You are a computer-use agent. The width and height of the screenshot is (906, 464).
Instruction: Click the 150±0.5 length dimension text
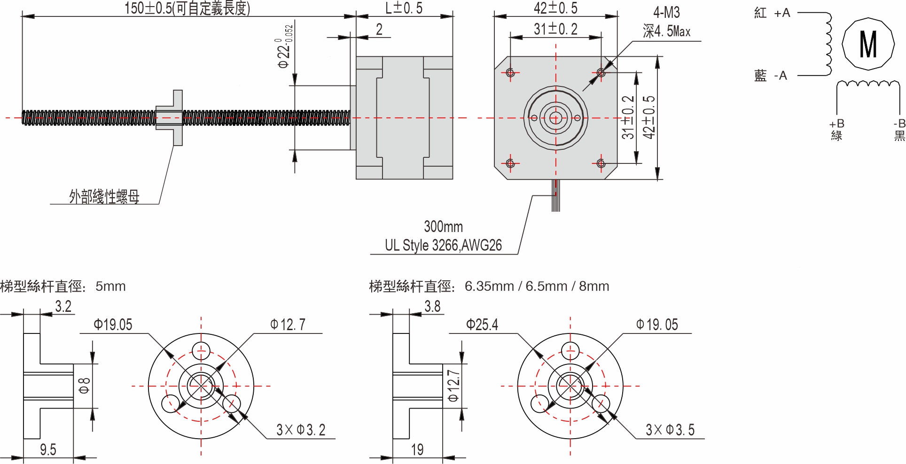pyautogui.click(x=187, y=8)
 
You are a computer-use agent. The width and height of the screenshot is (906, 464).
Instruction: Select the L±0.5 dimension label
pyautogui.click(x=404, y=8)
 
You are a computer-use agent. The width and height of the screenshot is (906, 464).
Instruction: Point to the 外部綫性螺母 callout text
pyautogui.click(x=104, y=196)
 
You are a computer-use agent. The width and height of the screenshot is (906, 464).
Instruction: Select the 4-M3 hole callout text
pyautogui.click(x=666, y=13)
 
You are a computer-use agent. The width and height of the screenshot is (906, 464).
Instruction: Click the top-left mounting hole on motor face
pyautogui.click(x=511, y=72)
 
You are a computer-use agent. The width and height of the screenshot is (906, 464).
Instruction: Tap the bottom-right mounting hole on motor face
pyautogui.click(x=601, y=163)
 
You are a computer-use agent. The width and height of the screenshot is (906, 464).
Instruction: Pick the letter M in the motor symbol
pyautogui.click(x=867, y=44)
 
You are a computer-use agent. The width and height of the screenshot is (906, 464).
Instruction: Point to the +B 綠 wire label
pyautogui.click(x=836, y=130)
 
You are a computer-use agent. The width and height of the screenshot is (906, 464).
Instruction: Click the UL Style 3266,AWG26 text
pyautogui.click(x=443, y=245)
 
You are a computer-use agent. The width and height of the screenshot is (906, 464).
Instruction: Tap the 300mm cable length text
pyautogui.click(x=443, y=227)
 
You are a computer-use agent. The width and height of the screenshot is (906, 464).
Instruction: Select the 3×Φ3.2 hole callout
pyautogui.click(x=301, y=430)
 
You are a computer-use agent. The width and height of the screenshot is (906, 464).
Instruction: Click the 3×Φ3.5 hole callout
pyautogui.click(x=670, y=430)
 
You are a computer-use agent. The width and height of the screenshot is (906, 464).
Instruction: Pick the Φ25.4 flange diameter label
pyautogui.click(x=482, y=325)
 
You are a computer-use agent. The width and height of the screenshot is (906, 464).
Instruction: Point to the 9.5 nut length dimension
pyautogui.click(x=48, y=449)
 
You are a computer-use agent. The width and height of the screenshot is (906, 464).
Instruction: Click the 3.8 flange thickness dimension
pyautogui.click(x=432, y=307)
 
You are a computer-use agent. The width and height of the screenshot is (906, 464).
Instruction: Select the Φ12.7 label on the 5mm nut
pyautogui.click(x=288, y=325)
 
